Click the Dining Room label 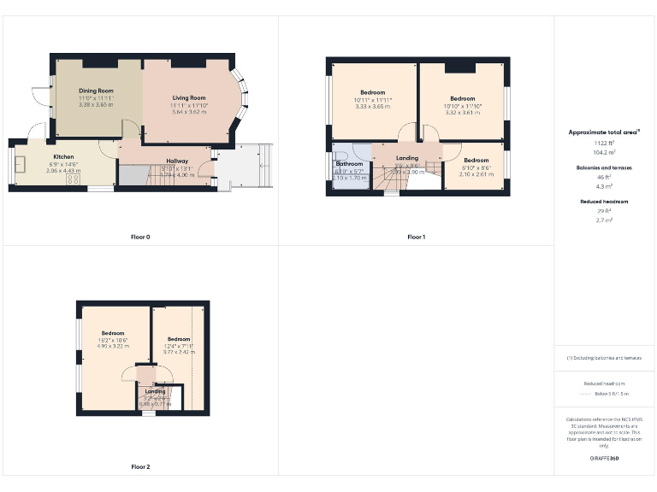[96, 91]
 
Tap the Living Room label [188, 98]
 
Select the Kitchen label [63, 157]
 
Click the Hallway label [177, 161]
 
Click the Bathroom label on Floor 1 [349, 163]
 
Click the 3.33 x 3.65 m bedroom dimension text [372, 106]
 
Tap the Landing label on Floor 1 [407, 158]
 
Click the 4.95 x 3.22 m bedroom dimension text [113, 346]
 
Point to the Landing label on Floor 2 [156, 391]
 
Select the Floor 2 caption [140, 467]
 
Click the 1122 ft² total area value [604, 143]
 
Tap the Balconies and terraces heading [604, 168]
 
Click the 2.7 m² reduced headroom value [604, 220]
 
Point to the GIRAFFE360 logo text [604, 459]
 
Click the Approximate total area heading [604, 132]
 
